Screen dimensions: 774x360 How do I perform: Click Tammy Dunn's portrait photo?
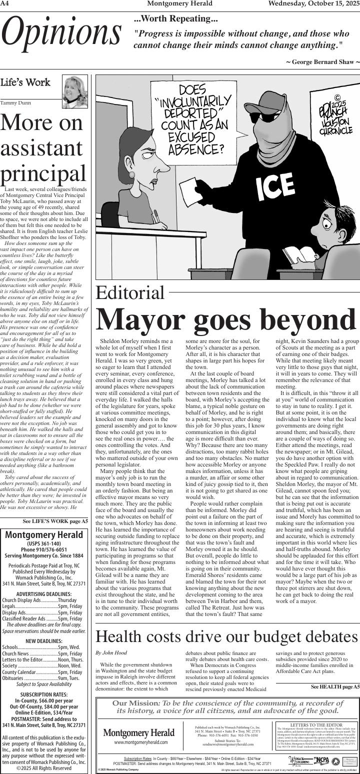75,91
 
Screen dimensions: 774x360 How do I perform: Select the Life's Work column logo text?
25,82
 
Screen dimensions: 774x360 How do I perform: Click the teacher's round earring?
132,174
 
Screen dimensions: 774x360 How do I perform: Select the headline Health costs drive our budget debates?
227,636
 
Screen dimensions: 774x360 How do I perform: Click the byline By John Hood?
111,652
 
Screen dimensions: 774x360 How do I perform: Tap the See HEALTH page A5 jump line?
335,686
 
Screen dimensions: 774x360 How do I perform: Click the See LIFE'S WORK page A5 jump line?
55,521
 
